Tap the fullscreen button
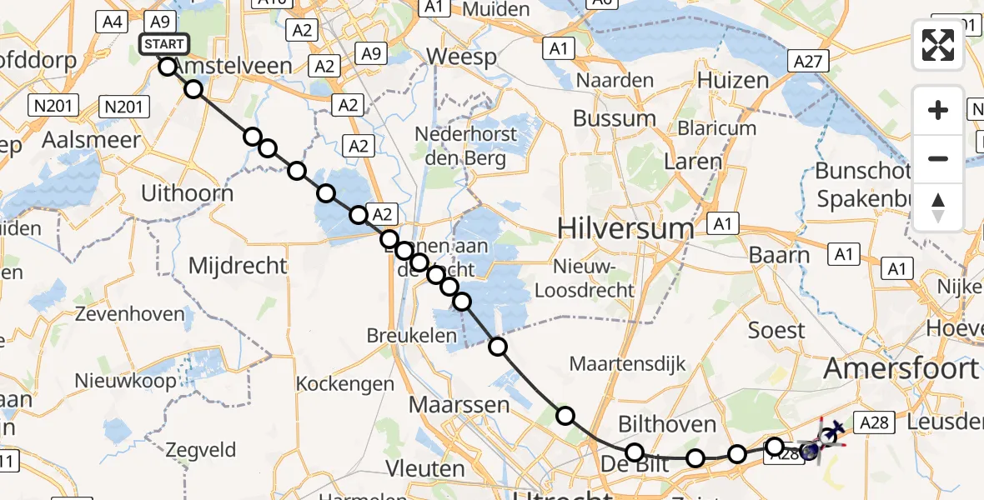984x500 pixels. [938, 45]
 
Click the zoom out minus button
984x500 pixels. [938, 158]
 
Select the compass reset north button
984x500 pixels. [938, 207]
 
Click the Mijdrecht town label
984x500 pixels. [238, 266]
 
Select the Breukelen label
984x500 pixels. [412, 336]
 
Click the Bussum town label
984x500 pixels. [615, 117]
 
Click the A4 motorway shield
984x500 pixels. [113, 22]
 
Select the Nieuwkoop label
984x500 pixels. [126, 381]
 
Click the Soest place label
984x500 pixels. [776, 330]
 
